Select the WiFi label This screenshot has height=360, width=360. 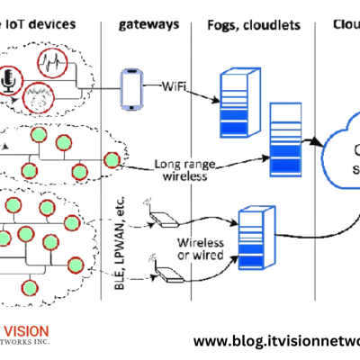click(x=176, y=87)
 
